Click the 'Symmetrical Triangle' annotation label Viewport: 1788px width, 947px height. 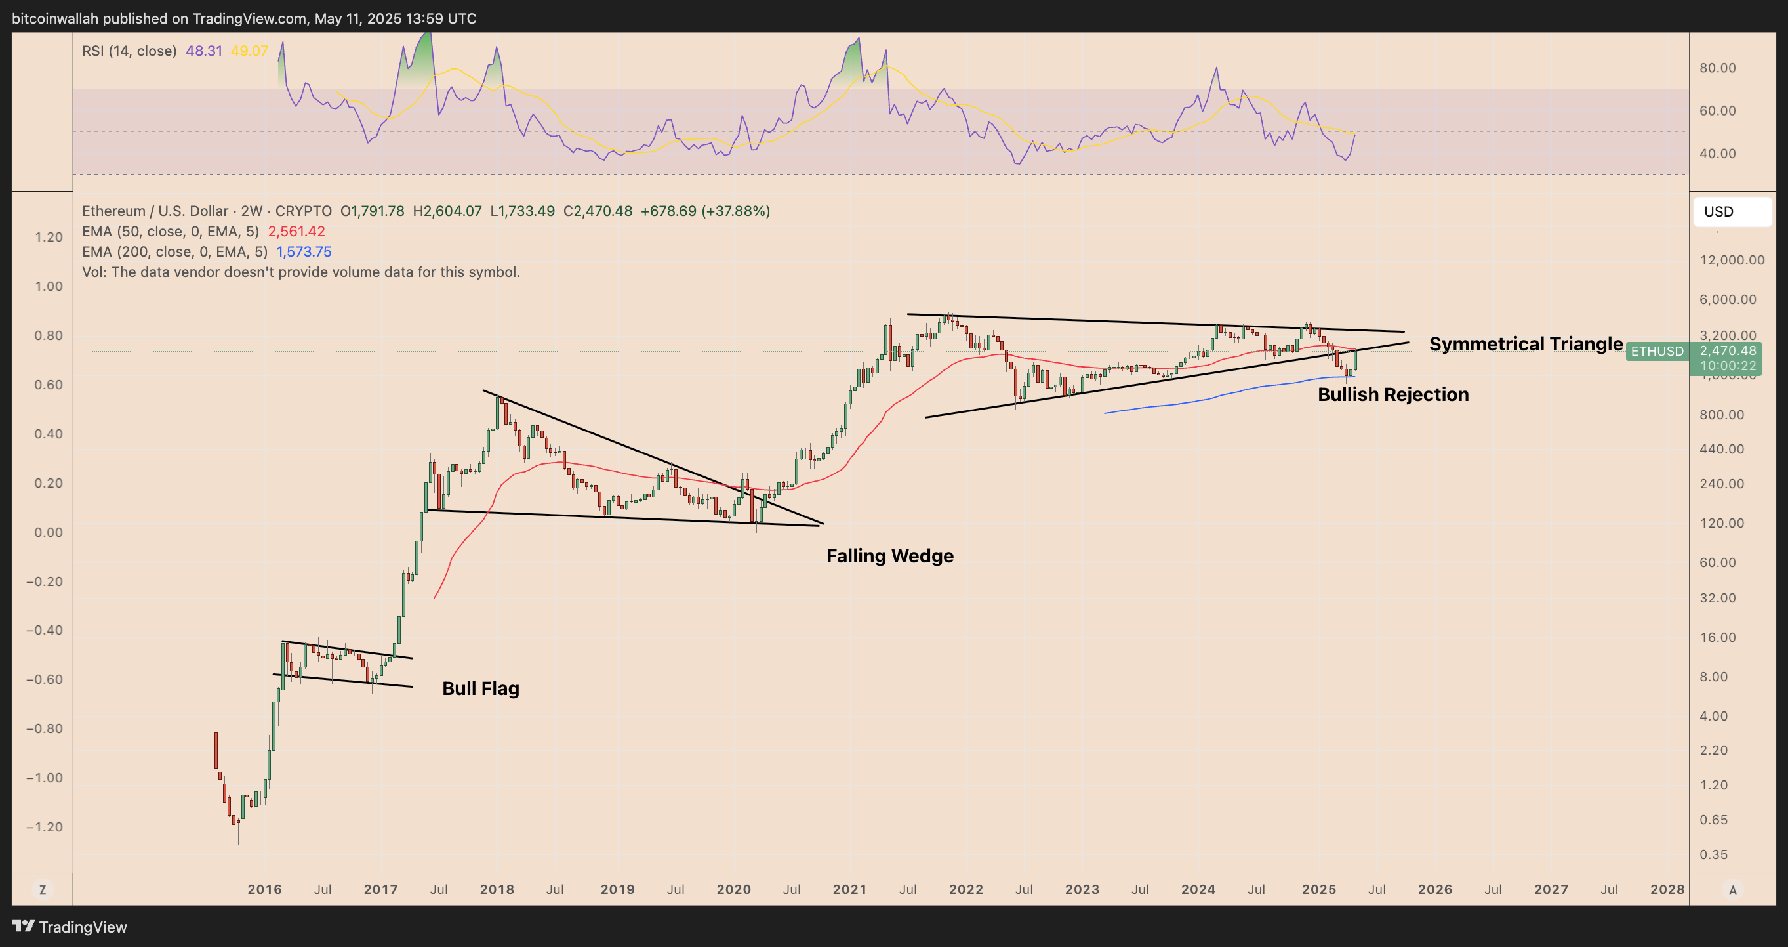pos(1526,344)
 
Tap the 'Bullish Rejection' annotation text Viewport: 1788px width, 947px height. pos(1393,394)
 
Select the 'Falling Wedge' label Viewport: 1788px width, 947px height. pos(890,555)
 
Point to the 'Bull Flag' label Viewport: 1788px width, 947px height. pos(480,688)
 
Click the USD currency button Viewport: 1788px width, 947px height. pos(1732,212)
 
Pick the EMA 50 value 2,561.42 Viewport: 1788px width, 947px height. pos(296,231)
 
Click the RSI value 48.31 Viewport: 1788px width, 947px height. pos(203,51)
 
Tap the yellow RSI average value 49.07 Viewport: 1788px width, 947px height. pos(249,51)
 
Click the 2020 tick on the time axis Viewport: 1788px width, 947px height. pos(734,889)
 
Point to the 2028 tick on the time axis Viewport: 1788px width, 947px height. pos(1667,889)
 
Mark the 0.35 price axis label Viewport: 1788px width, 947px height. pos(1713,854)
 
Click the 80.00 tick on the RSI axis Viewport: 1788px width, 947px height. pos(1717,68)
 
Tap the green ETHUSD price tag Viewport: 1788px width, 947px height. pos(1657,351)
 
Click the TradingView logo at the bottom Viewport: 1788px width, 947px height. pos(70,927)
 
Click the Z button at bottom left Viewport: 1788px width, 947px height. pos(43,889)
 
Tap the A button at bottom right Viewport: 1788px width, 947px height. pos(1732,889)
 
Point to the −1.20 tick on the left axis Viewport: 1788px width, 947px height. pos(45,827)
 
